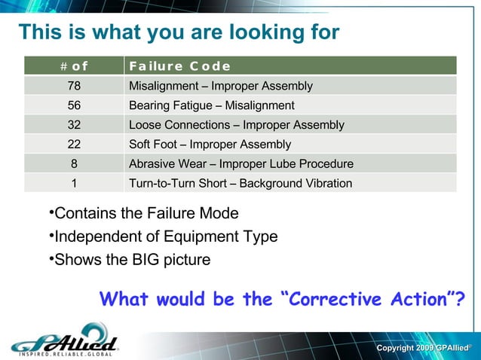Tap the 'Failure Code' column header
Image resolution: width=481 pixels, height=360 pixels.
(x=179, y=66)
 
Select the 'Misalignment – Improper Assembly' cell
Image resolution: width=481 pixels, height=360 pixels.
(x=221, y=86)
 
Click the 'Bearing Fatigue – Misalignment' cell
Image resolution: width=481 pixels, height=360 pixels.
(x=212, y=105)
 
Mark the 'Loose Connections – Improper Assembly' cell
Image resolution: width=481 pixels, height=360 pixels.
(x=237, y=125)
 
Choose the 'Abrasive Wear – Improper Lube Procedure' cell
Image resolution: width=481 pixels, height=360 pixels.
(x=241, y=163)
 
